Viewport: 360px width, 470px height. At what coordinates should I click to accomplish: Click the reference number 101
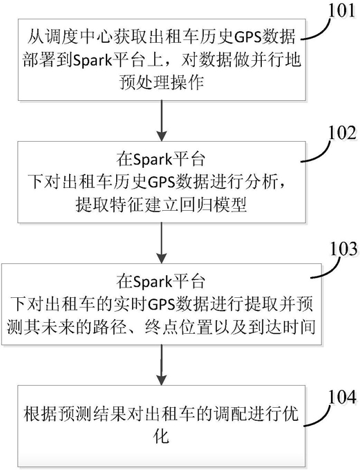point(343,10)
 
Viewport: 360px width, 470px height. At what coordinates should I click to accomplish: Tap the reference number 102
point(343,133)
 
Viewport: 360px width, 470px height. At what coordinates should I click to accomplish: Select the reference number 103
point(344,249)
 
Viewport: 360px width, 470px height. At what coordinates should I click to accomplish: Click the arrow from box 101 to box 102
point(162,120)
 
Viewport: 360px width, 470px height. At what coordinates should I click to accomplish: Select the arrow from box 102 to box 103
point(162,243)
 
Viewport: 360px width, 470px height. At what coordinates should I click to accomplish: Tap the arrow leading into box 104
point(162,365)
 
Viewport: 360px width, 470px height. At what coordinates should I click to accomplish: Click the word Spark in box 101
point(92,61)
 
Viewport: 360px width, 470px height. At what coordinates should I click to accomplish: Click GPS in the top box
point(247,37)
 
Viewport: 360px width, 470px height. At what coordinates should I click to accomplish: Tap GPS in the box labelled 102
point(162,182)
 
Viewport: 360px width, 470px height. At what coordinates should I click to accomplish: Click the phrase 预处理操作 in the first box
point(162,82)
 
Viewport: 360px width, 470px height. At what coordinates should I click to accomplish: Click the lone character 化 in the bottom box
point(161,436)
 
